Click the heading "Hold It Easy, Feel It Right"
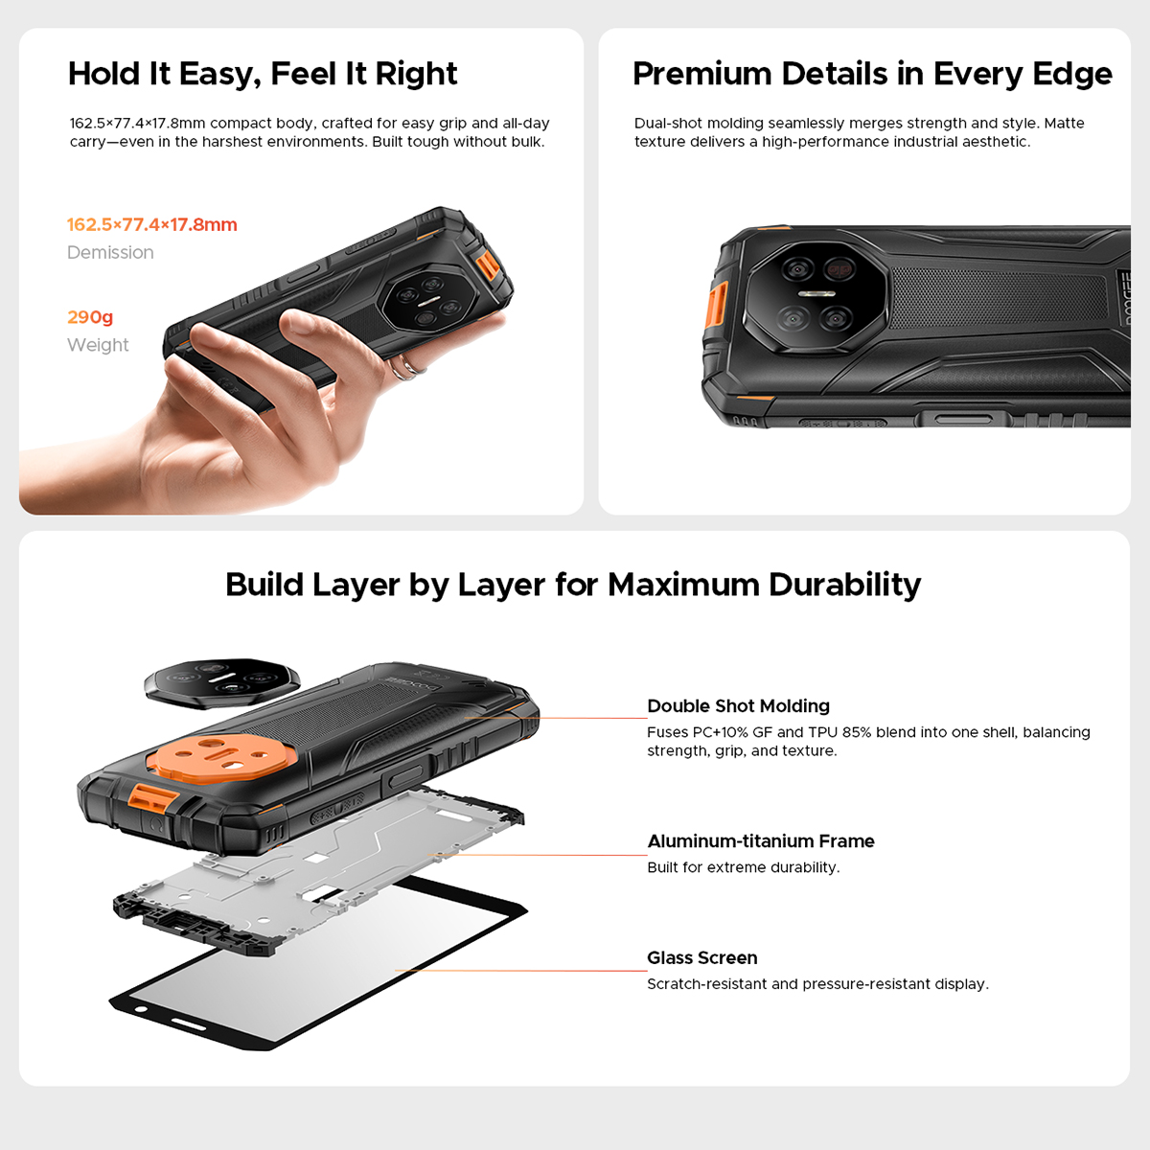point(263,74)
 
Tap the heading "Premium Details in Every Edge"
point(872,74)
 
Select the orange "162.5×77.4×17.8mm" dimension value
point(151,225)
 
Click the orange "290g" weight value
point(90,317)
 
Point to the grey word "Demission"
point(110,253)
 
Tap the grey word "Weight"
point(98,345)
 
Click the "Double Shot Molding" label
point(738,706)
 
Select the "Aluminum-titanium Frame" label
point(761,841)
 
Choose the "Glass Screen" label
point(701,958)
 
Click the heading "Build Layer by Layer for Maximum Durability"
point(573,585)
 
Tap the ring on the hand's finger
point(410,366)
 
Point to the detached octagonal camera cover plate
point(221,682)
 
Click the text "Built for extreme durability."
point(743,867)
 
